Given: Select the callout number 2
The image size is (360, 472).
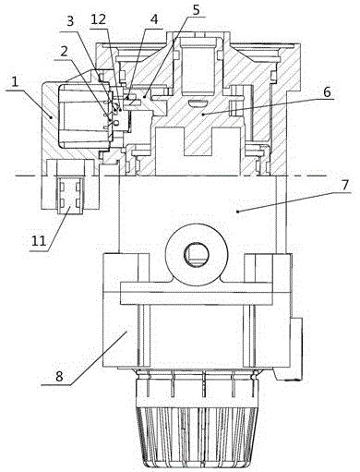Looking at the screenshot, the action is point(64,52).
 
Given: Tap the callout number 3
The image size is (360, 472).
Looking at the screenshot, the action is point(70,22).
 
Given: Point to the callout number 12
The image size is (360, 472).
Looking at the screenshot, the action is point(99,19).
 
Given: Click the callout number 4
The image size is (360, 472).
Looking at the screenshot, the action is point(154,19).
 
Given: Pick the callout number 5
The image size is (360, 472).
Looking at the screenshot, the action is point(197,9).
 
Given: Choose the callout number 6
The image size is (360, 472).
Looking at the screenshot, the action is point(327,91).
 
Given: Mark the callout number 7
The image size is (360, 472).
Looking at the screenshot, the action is point(345,185).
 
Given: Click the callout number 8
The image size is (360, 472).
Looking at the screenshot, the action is point(60,377).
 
